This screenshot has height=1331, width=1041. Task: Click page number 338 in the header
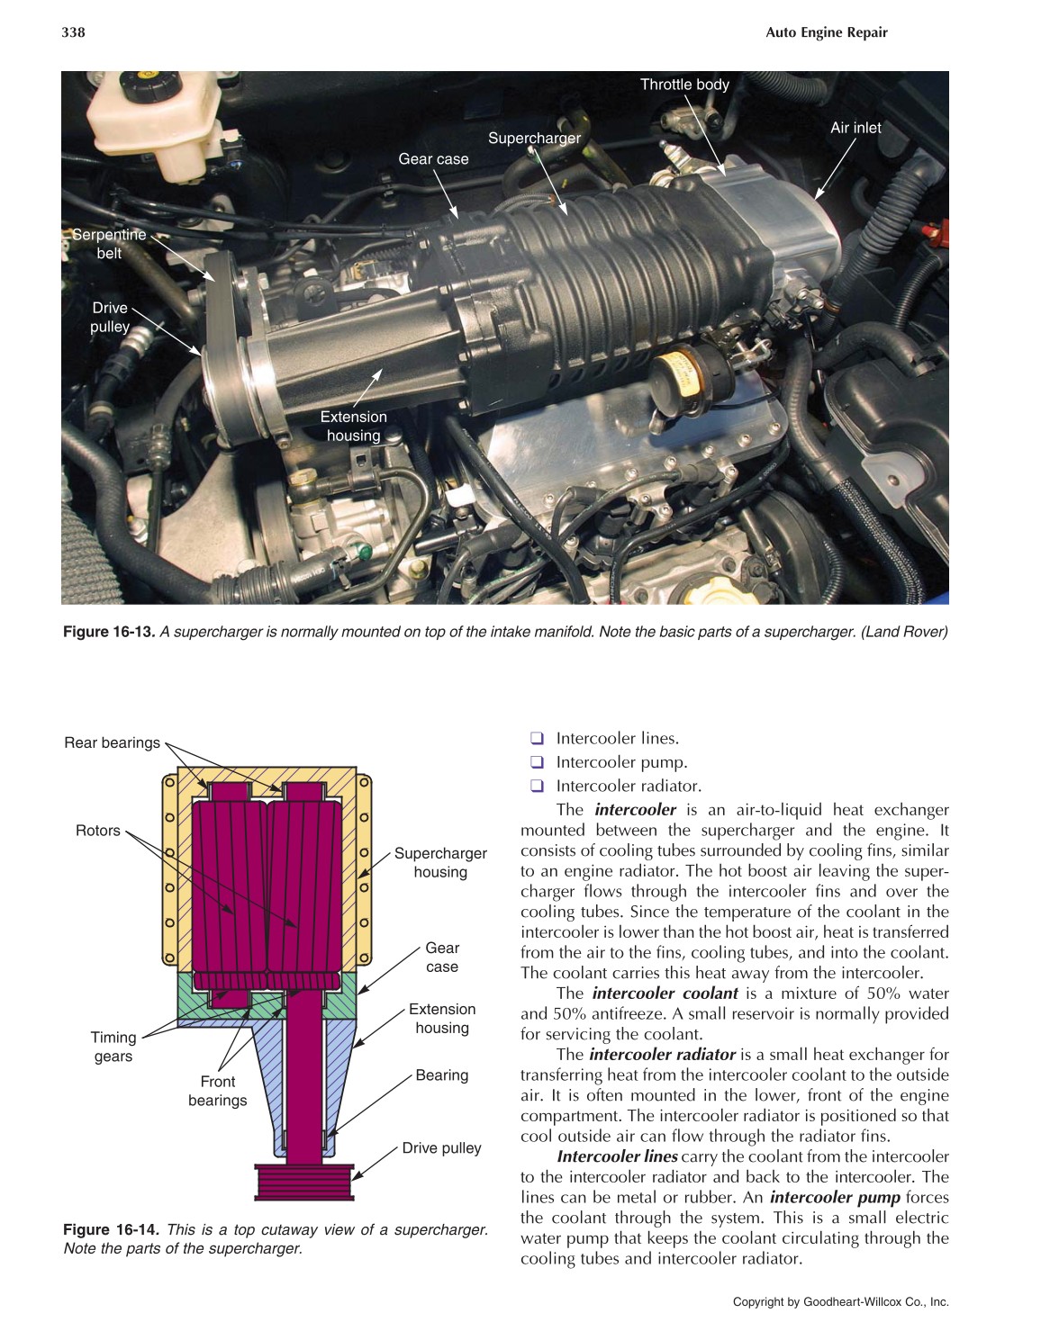pos(73,32)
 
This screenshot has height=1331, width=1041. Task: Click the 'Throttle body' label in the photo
pos(684,85)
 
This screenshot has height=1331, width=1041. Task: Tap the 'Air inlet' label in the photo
pos(855,128)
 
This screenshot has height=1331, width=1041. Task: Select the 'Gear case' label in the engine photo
pos(433,159)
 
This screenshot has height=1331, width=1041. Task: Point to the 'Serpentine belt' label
pos(109,244)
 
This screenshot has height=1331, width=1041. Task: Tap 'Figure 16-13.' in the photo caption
pos(109,632)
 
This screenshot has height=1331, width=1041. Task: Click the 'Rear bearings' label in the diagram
pos(112,742)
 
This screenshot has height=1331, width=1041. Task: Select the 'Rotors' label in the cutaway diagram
pos(97,831)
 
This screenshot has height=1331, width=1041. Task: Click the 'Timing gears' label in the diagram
pos(113,1047)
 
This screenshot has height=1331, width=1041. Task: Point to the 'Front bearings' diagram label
pos(217,1091)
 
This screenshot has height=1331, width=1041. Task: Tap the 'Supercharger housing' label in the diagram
pos(440,862)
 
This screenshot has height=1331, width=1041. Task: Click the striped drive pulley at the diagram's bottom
pos(304,1182)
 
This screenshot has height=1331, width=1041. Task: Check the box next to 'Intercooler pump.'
pos(537,762)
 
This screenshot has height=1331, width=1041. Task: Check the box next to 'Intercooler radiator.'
pos(537,786)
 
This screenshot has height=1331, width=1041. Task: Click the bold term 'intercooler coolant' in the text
pos(665,994)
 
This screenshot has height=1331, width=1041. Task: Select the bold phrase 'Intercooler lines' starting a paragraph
pos(617,1156)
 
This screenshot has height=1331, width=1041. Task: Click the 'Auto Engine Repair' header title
pos(826,32)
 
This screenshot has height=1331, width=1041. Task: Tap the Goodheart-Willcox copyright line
pos(840,1301)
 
